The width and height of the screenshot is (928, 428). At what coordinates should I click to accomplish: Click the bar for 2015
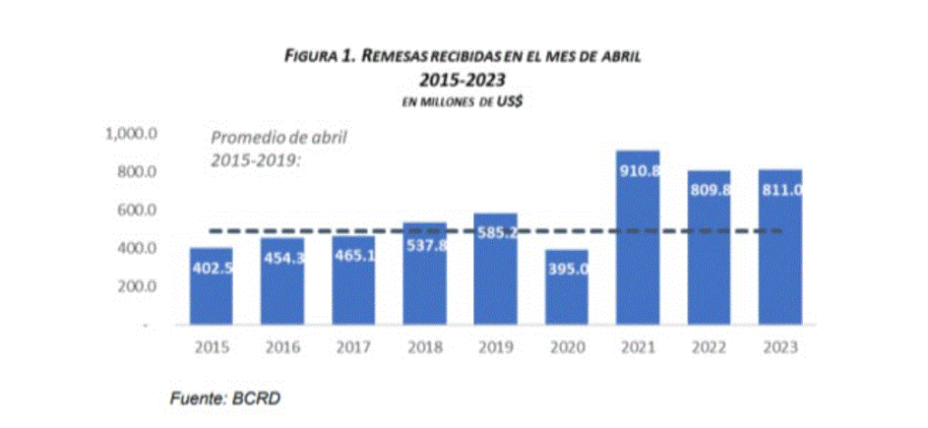click(211, 287)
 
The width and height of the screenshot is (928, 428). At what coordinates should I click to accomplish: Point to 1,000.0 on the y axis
click(132, 133)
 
